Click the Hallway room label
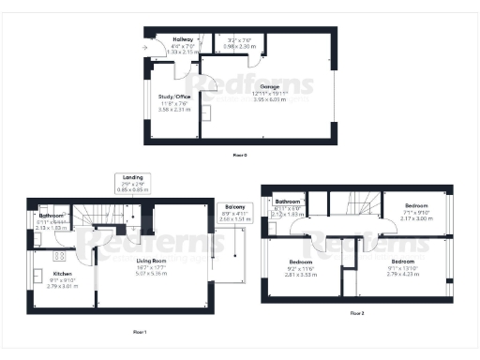click(169, 39)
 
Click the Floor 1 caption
click(140, 330)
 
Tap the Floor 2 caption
click(356, 311)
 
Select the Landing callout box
click(132, 182)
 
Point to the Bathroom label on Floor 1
click(52, 216)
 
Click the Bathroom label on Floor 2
click(287, 202)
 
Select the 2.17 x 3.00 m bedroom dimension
click(416, 217)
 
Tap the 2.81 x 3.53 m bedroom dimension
click(300, 275)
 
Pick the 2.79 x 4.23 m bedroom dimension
click(402, 275)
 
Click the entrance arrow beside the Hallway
click(145, 45)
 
